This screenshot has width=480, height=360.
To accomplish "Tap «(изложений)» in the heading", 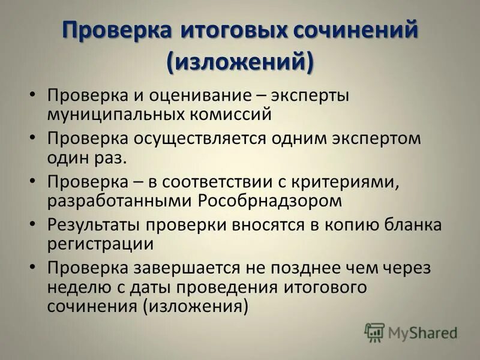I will point(240,62).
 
